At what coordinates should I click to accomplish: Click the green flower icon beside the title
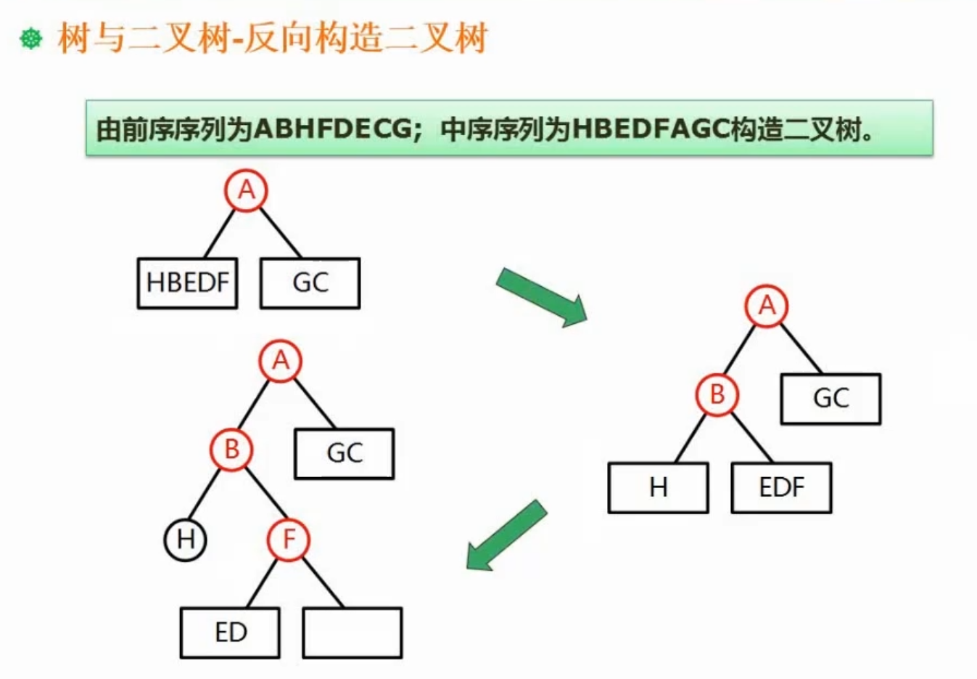[31, 38]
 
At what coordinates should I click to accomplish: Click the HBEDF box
[187, 282]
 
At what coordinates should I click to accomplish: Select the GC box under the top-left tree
[310, 282]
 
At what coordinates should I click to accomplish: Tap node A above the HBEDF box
[246, 190]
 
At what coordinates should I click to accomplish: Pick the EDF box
[781, 487]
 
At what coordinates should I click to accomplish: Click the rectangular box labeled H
[658, 487]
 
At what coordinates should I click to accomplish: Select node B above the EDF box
[717, 395]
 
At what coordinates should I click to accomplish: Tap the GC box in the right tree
[830, 399]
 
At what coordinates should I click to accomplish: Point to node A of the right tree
[767, 306]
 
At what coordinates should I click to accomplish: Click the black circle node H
[186, 540]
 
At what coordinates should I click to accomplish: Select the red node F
[288, 540]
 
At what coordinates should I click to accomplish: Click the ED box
[230, 633]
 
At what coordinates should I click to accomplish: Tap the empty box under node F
[352, 633]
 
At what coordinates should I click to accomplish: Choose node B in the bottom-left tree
[231, 450]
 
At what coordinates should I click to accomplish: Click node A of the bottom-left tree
[281, 361]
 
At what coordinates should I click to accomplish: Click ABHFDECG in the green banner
[333, 129]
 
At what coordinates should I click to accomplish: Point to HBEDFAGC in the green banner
[650, 129]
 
